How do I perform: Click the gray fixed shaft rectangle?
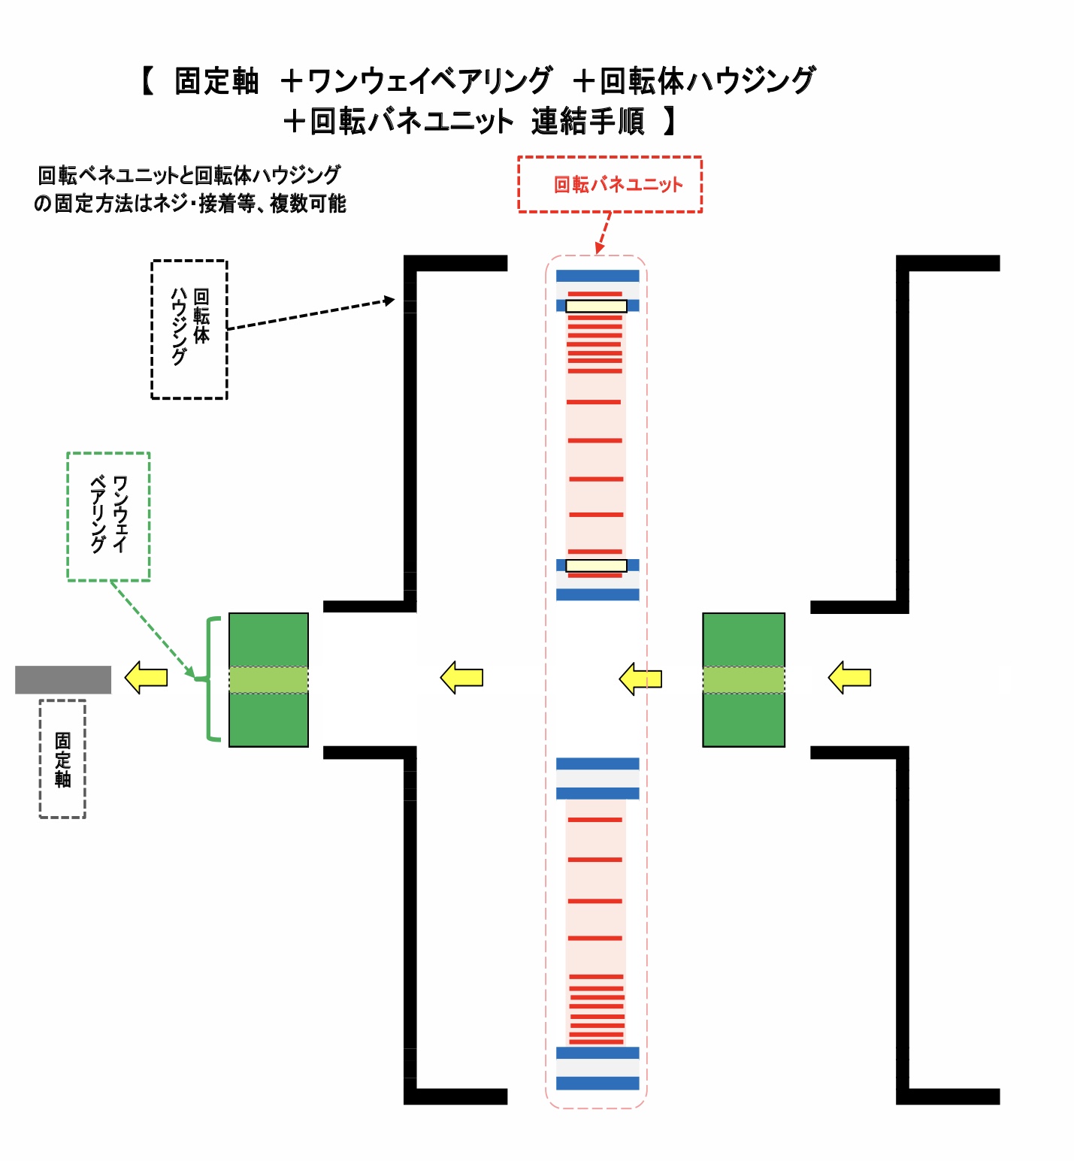(x=63, y=679)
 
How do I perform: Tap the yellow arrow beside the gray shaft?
(x=146, y=677)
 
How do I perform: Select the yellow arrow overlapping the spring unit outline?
(x=640, y=679)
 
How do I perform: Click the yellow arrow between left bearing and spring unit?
(x=461, y=677)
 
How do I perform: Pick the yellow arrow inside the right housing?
(x=849, y=677)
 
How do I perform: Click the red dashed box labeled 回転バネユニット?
(x=610, y=184)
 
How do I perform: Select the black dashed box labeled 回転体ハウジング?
(x=189, y=329)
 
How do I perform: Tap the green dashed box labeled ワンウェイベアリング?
(x=108, y=516)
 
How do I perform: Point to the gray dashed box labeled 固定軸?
(x=62, y=758)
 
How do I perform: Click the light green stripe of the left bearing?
(x=268, y=679)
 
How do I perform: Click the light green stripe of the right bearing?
(x=743, y=679)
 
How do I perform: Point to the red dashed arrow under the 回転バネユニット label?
(x=603, y=233)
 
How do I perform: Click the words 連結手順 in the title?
(x=588, y=121)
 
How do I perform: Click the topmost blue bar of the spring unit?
(x=598, y=276)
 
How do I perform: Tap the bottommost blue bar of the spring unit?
(x=598, y=1083)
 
